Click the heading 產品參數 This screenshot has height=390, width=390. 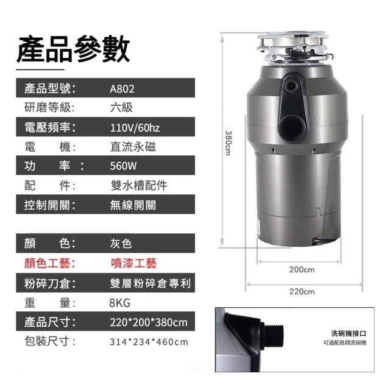73,49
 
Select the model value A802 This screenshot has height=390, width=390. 122,89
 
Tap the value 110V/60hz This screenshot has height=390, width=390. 135,127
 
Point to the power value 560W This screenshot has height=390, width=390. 123,166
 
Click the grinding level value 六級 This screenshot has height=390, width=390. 121,108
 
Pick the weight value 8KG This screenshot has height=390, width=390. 119,303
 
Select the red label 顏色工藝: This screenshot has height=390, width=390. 50,263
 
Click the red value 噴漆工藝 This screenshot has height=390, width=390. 133,263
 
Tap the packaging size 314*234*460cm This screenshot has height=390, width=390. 149,342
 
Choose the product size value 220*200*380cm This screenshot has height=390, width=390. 149,322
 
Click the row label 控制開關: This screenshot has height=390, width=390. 50,205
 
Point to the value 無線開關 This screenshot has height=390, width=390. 133,205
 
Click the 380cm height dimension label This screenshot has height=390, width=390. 228,143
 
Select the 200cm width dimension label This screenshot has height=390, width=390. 302,269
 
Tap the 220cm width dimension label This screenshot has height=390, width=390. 302,291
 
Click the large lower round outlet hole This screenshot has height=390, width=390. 292,127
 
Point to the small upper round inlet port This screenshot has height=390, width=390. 291,86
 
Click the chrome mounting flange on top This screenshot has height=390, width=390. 294,46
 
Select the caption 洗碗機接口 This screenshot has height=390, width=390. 349,333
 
